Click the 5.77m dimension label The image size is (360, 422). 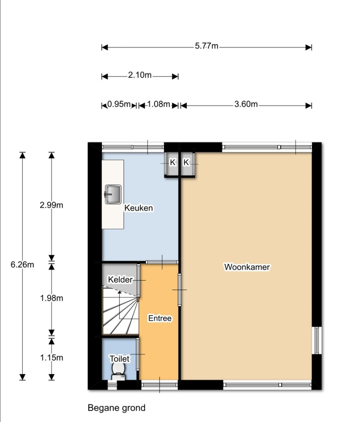coord(207,46)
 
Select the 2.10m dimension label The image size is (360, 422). coord(139,75)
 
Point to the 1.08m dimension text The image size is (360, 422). coord(158,105)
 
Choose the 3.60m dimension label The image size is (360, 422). coord(246,105)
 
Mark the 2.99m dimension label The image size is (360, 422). coord(52,205)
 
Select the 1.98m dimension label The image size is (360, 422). coord(52,298)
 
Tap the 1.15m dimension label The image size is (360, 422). coord(52,358)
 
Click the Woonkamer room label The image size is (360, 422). coord(247,267)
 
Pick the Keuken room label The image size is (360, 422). coord(139,208)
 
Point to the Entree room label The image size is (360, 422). coord(160,318)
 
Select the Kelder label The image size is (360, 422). coord(120,280)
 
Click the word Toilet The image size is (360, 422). coord(119,359)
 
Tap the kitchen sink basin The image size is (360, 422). coord(113,194)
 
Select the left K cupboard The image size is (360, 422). coord(172,163)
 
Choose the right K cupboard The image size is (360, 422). coord(186,163)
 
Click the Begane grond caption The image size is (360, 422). coord(116,408)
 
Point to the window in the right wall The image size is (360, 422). coord(317,340)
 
